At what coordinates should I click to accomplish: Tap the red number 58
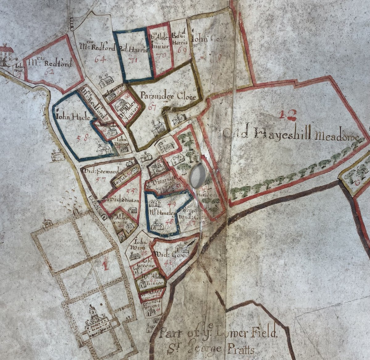pyautogui.click(x=84, y=138)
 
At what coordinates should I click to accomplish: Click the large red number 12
pyautogui.click(x=286, y=115)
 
